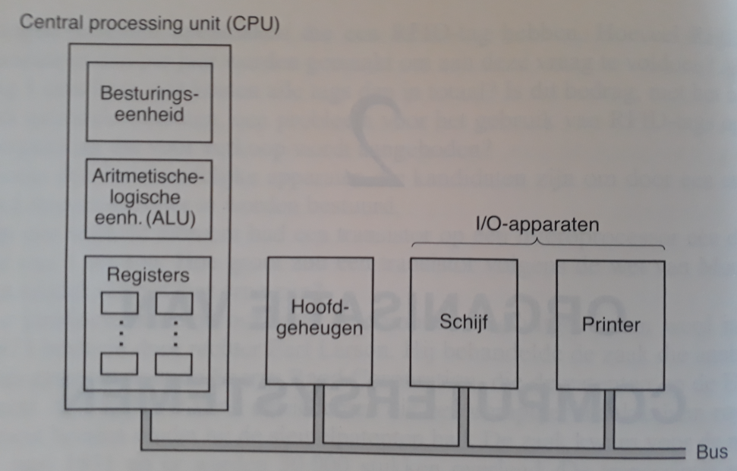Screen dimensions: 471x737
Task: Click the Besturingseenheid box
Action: pos(149,102)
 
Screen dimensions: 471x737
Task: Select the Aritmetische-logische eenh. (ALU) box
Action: pos(149,198)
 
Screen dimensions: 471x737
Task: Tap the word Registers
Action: pos(148,275)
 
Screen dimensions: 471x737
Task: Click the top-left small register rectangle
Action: pos(120,303)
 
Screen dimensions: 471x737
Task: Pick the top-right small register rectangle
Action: pos(175,303)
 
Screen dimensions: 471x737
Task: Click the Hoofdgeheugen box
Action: pos(320,320)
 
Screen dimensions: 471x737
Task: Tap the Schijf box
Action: pos(463,322)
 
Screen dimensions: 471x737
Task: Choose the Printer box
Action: pos(610,325)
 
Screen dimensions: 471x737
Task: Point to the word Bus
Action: pos(710,453)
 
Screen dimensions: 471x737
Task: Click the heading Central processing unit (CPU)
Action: pos(150,24)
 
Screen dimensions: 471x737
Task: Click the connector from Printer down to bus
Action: pos(611,417)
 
